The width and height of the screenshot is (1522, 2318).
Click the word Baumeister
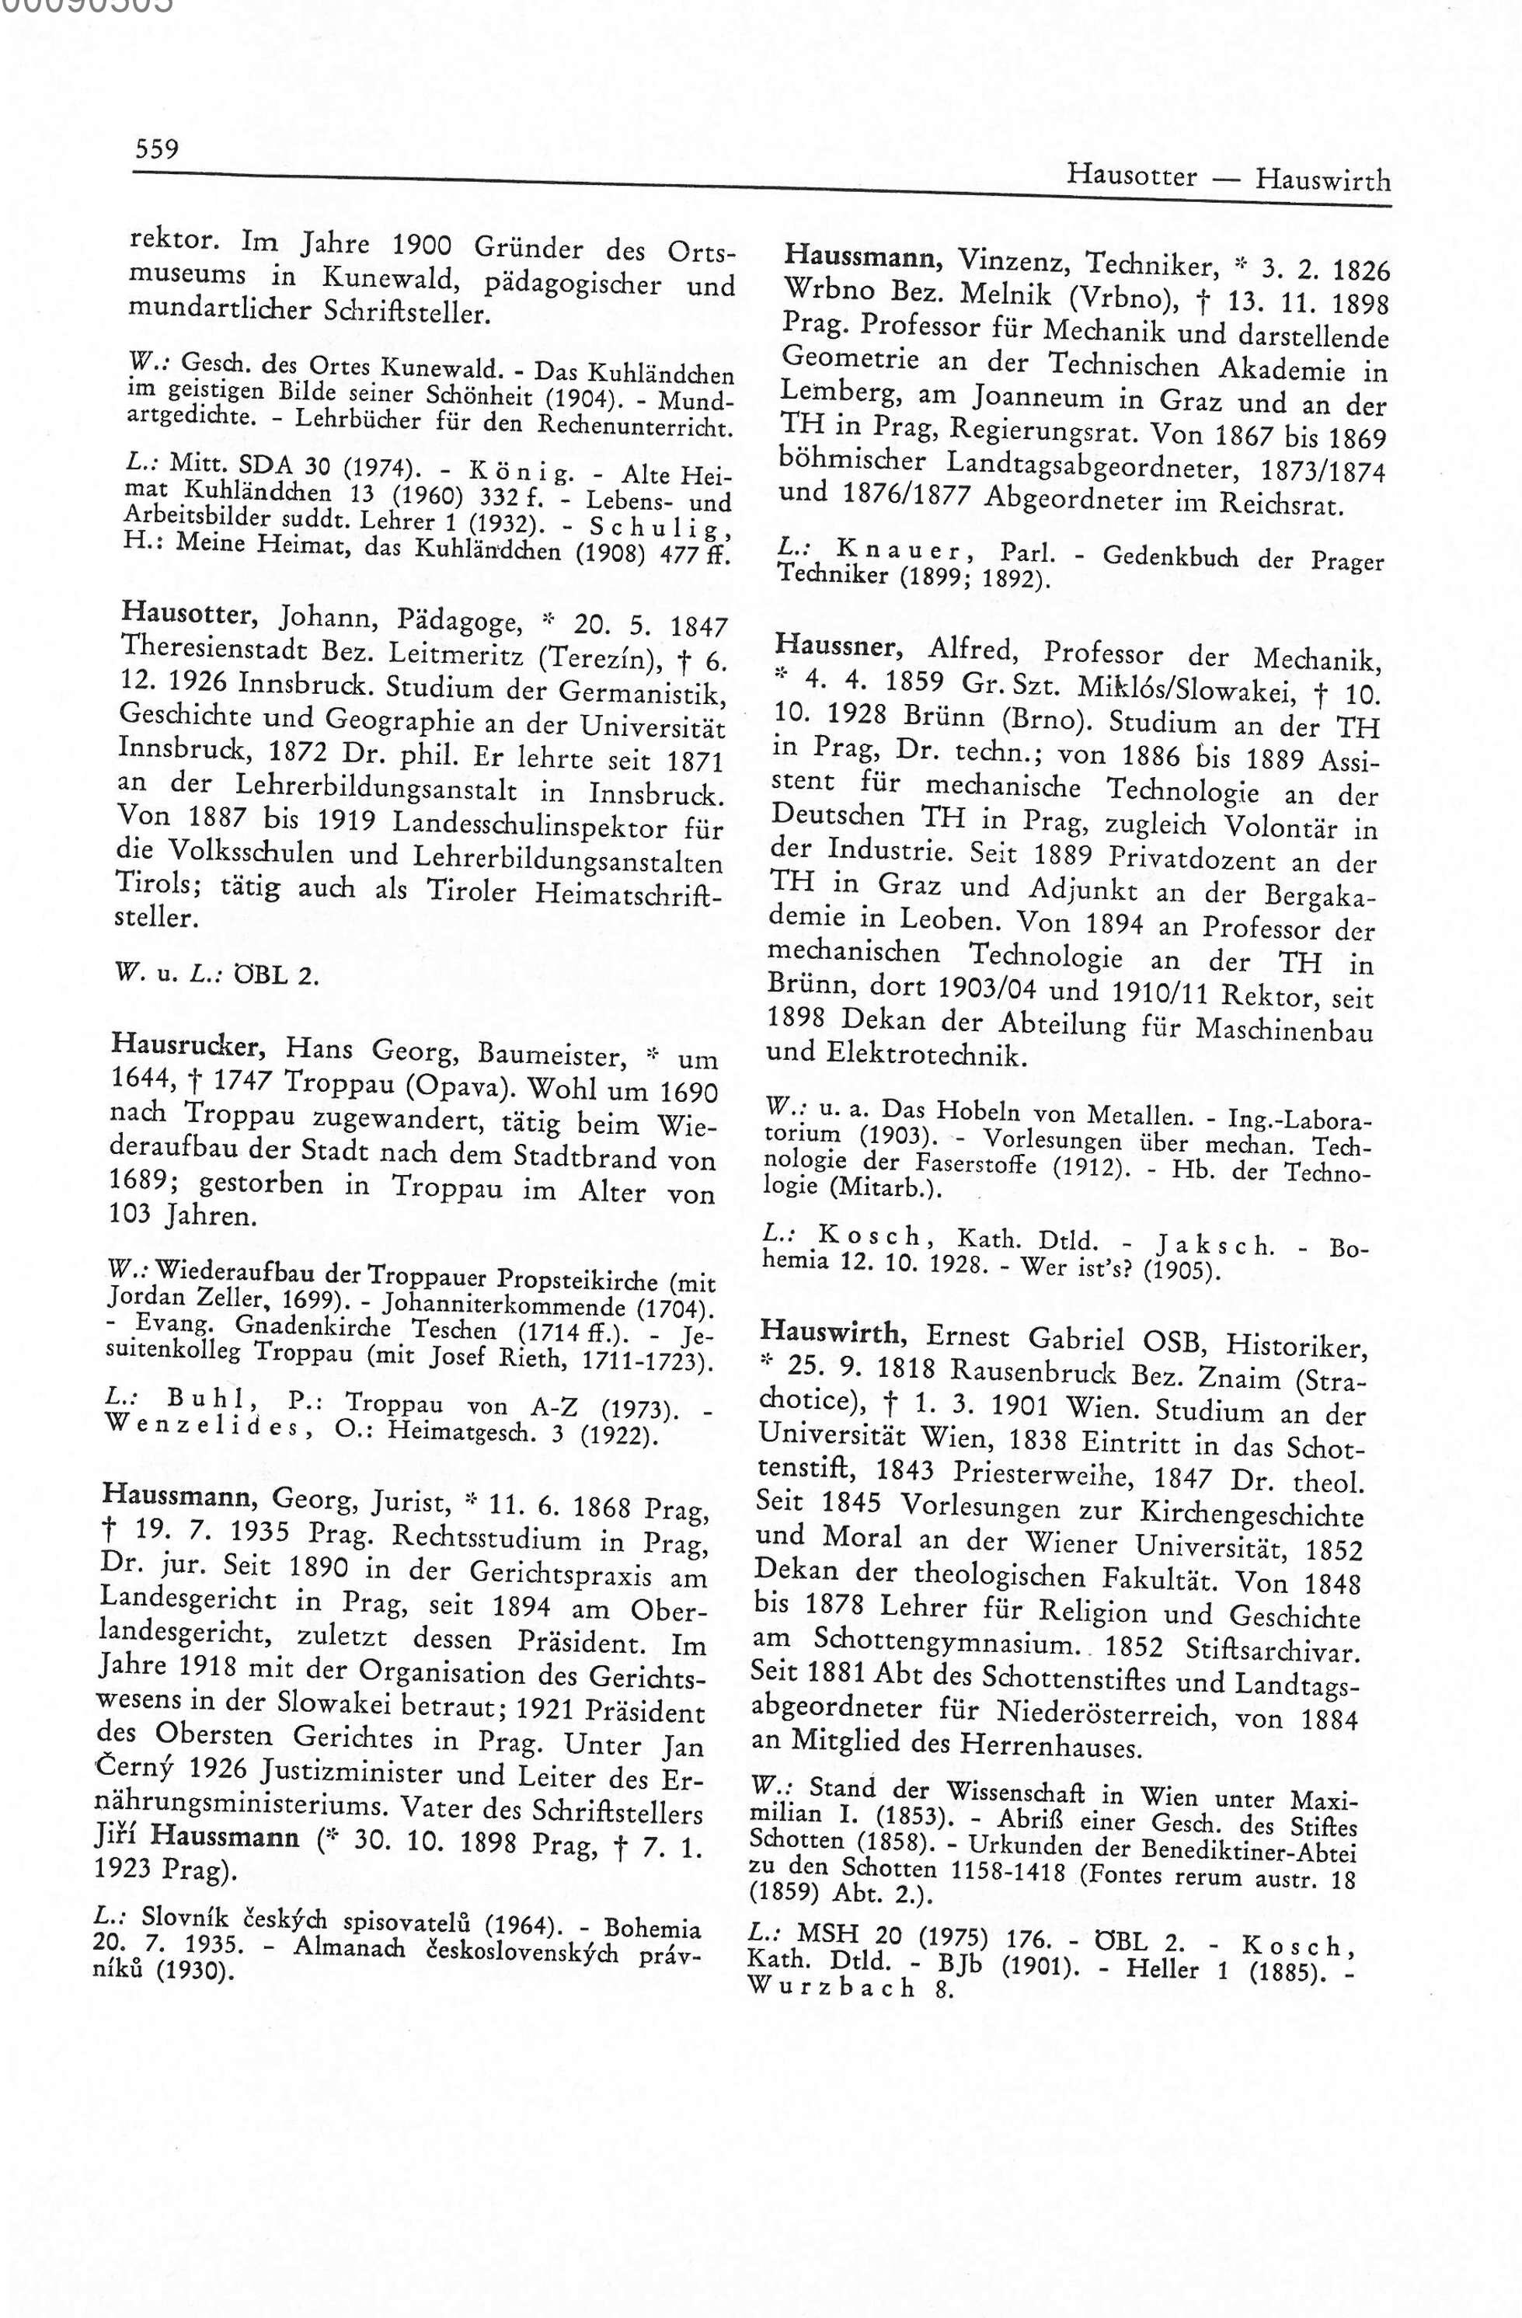point(550,1054)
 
